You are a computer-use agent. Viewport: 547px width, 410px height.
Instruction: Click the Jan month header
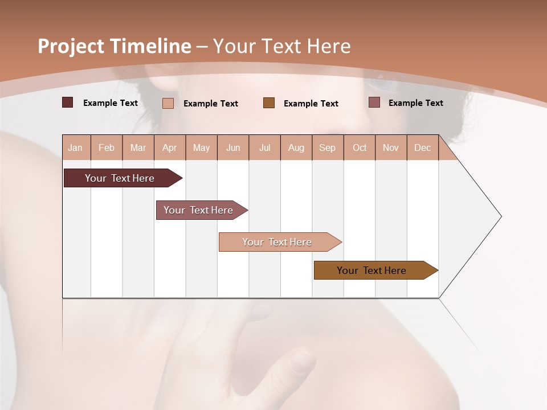point(75,147)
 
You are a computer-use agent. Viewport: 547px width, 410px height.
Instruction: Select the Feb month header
point(107,147)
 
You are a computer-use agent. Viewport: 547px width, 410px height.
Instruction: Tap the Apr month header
point(170,147)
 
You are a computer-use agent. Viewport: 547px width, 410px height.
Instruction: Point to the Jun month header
point(233,147)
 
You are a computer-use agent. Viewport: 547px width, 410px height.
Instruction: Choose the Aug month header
point(296,147)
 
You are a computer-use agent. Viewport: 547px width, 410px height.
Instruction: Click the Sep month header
point(327,147)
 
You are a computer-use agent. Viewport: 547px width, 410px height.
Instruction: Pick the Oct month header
point(360,147)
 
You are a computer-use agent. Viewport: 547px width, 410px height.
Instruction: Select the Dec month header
point(423,147)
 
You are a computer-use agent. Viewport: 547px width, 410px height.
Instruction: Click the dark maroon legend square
point(68,102)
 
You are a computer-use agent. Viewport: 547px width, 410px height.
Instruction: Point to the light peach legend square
point(168,103)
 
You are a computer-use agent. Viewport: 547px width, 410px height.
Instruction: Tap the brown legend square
point(269,103)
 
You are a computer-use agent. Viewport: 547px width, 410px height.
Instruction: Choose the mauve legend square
point(374,102)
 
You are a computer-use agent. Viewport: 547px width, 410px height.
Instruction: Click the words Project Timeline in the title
point(115,46)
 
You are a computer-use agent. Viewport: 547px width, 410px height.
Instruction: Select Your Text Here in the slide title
point(281,46)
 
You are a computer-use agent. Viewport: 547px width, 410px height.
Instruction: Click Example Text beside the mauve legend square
point(415,103)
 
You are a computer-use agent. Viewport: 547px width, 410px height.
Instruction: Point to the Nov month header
point(391,147)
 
